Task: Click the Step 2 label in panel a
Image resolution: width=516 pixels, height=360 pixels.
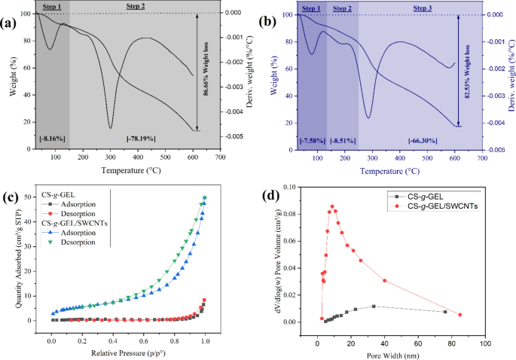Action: tap(133, 7)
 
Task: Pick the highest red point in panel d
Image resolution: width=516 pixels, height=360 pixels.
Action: tap(331, 206)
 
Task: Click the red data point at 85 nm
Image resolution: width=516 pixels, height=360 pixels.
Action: tap(460, 315)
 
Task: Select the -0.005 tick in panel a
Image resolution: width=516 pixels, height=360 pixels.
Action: tap(240, 136)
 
